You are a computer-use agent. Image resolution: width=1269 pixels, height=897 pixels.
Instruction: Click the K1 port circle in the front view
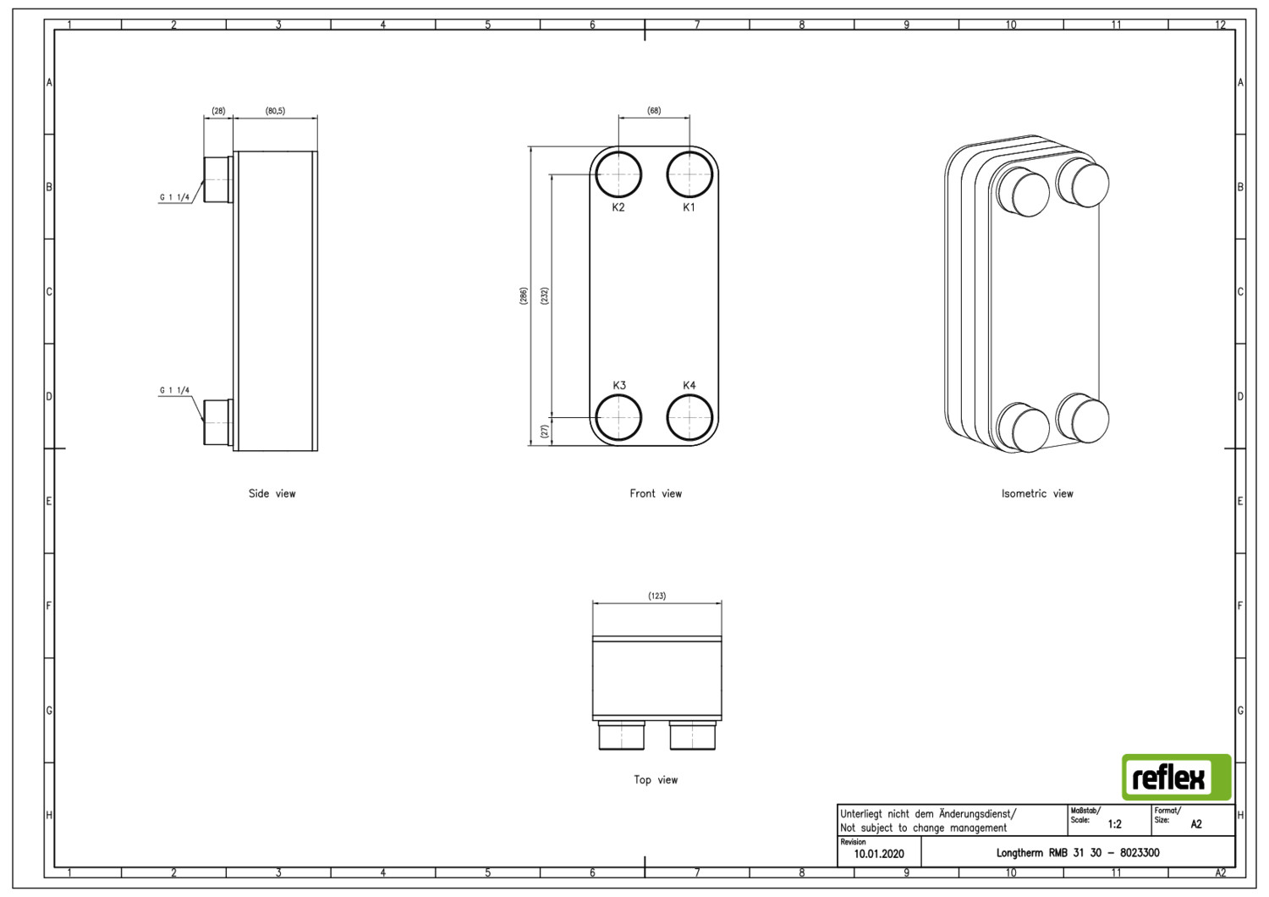coord(689,151)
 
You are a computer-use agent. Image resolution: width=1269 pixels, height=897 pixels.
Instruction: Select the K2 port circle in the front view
coord(618,151)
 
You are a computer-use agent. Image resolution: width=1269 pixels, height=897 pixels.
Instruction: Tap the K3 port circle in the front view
coord(618,394)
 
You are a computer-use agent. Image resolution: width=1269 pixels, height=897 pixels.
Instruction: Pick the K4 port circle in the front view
coord(689,394)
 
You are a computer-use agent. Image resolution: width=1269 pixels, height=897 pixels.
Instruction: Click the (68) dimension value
coord(654,111)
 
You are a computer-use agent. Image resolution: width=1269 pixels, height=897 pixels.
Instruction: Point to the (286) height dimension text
coord(524,296)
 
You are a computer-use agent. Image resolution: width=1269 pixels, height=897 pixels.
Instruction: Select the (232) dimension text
coord(545,296)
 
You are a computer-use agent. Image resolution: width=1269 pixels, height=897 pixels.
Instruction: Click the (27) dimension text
coord(545,432)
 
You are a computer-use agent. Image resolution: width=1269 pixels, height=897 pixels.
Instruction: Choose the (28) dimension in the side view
coord(218,111)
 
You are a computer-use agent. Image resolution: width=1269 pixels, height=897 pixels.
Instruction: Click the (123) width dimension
coord(657,596)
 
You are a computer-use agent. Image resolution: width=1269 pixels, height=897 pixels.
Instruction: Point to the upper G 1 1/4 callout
coord(174,197)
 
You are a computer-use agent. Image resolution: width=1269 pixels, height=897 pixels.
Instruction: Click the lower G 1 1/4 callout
coord(174,390)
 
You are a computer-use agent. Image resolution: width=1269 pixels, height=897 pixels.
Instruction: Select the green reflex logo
coord(1177,778)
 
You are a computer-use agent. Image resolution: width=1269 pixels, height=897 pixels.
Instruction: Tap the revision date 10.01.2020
coord(879,854)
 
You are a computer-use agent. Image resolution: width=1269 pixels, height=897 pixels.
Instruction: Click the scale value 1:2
coord(1115,824)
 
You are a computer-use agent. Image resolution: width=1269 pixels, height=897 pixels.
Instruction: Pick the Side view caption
coord(272,493)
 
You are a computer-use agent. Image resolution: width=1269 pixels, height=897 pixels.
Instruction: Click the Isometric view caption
coord(1037,493)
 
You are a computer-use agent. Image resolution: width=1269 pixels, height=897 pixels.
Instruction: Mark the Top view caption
coord(656,779)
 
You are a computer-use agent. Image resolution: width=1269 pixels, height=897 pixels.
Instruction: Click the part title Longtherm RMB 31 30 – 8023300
coord(1078,853)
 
